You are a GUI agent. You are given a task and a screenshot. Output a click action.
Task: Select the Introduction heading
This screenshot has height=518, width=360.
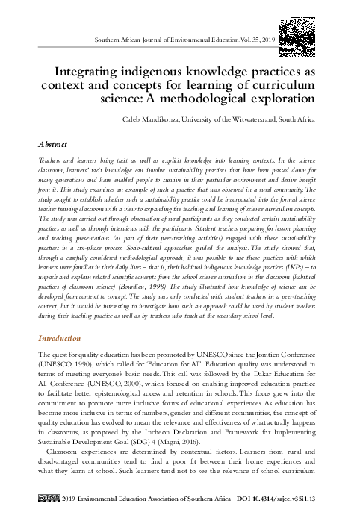click(62, 338)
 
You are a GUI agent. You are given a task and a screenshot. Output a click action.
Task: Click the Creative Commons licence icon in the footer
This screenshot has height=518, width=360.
click(49, 497)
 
